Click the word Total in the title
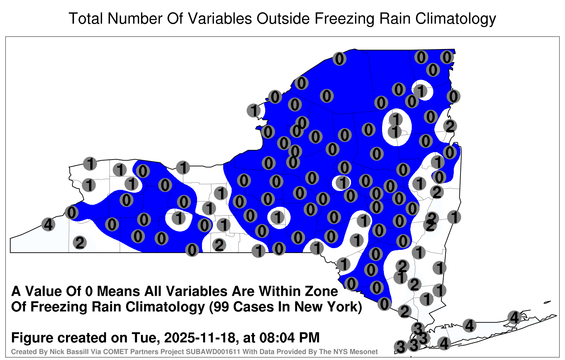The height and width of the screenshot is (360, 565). [x=86, y=19]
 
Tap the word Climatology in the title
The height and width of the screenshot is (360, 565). [x=456, y=19]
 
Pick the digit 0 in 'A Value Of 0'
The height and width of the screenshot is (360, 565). [x=89, y=292]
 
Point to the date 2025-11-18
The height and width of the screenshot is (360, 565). [x=200, y=338]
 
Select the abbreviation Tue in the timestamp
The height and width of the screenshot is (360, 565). [x=145, y=338]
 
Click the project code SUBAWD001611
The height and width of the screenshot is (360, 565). [x=213, y=352]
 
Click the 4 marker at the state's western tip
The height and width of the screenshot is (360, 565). [x=48, y=224]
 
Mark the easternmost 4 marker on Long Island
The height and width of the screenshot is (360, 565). [x=514, y=317]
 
